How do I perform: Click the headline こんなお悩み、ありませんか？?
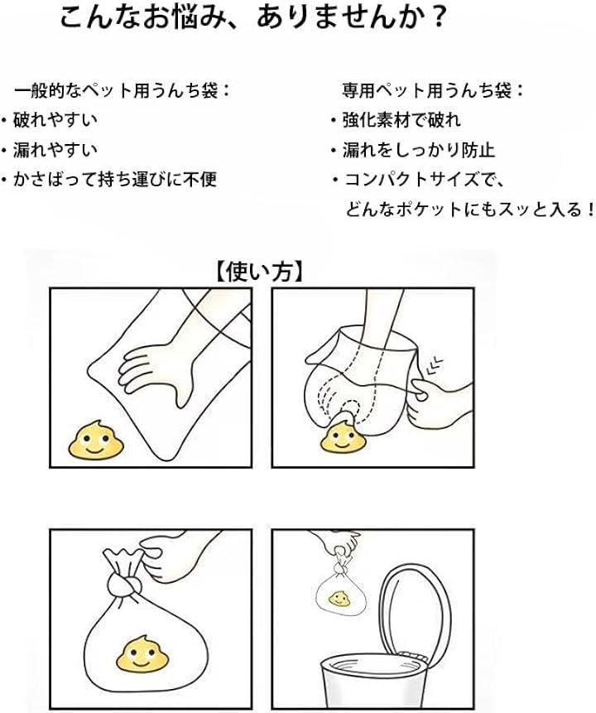252,19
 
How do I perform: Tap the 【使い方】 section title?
258,272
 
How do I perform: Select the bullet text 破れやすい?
55,120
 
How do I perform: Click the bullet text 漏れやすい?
55,150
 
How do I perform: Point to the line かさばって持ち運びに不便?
115,179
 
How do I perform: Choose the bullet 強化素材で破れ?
401,120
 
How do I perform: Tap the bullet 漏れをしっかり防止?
419,150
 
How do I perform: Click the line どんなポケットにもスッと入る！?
470,210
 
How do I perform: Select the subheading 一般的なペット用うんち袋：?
123,90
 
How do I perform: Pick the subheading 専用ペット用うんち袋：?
433,90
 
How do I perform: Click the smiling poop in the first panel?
95,440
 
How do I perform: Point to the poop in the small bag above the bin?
339,599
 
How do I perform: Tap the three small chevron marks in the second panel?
435,364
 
